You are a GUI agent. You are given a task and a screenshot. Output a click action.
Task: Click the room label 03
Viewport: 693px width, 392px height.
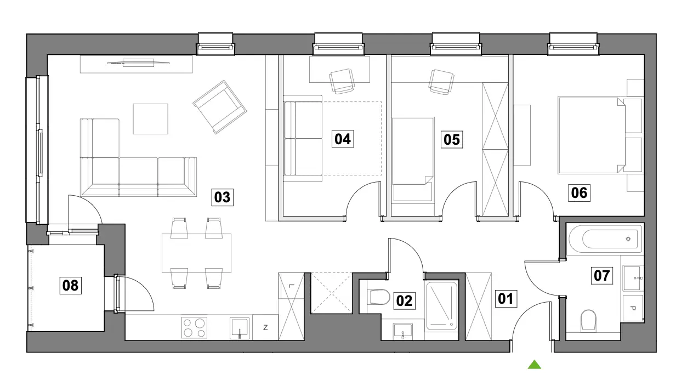(x=222, y=197)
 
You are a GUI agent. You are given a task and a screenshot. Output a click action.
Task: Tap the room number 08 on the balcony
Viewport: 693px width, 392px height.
(x=71, y=285)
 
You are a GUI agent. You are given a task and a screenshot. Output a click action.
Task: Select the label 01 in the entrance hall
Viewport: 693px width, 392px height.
(x=506, y=299)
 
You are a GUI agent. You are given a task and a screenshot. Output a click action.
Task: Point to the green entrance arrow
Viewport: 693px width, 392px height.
(x=535, y=365)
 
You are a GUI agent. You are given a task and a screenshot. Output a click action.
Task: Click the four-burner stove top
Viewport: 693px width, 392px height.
(x=194, y=327)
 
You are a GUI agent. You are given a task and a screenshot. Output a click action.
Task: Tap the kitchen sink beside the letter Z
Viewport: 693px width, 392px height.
(x=240, y=328)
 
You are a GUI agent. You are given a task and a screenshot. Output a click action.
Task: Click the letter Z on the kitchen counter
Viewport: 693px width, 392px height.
(x=265, y=328)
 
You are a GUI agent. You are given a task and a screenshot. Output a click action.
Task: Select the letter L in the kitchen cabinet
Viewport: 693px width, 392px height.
(x=290, y=286)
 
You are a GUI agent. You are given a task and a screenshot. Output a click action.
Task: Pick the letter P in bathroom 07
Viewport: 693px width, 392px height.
(x=633, y=308)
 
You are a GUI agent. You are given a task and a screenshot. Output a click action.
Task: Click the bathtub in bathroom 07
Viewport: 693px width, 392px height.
(x=605, y=239)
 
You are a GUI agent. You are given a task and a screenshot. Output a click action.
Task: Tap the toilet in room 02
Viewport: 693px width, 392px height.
(x=379, y=297)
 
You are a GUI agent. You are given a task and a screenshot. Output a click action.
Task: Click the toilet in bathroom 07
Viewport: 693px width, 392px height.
(x=588, y=321)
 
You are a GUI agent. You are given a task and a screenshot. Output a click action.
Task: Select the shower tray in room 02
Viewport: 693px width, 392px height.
(x=441, y=306)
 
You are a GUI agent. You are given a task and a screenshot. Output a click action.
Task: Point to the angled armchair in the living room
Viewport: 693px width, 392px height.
(x=220, y=107)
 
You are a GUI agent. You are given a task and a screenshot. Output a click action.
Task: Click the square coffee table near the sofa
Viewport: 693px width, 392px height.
(x=151, y=119)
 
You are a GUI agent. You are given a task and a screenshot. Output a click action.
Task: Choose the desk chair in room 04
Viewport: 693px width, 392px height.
(x=342, y=81)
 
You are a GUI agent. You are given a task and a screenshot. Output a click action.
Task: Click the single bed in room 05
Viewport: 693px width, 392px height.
(x=413, y=160)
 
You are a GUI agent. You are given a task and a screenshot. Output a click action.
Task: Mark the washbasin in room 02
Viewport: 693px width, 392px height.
(x=403, y=331)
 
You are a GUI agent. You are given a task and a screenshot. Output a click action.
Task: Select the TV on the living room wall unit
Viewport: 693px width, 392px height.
(x=138, y=63)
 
